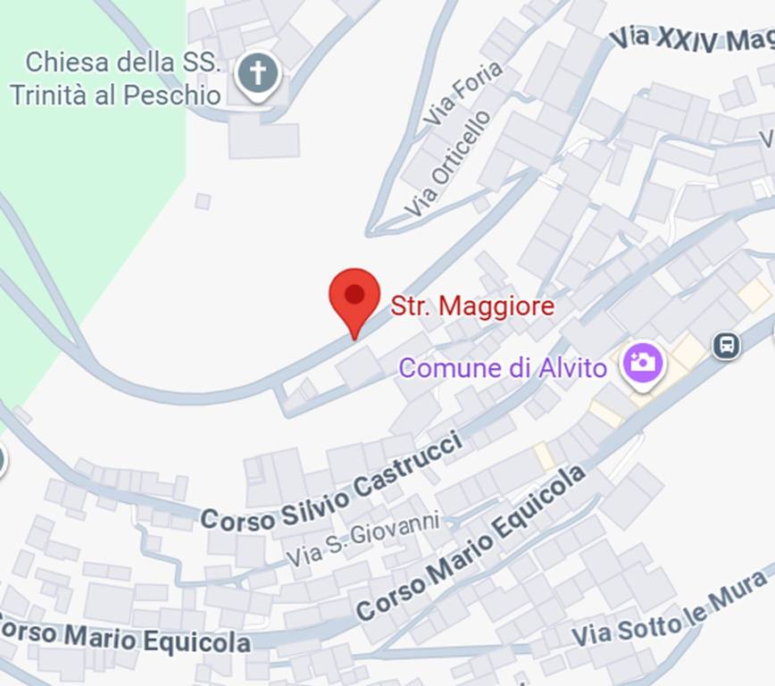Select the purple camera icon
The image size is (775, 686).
coord(643,364)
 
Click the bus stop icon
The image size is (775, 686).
coord(727,345)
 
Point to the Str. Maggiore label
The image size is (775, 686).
coord(472,307)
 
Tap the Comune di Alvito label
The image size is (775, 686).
coord(503,368)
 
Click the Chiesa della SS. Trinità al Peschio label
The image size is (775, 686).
coord(116,79)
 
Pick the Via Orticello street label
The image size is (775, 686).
coord(447,163)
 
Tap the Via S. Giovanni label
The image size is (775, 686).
coord(363,539)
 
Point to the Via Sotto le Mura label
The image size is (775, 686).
coord(670,610)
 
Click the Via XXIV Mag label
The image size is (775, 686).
coord(692,39)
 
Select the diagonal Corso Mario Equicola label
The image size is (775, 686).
coord(471,541)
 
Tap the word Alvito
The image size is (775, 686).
coord(573,368)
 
